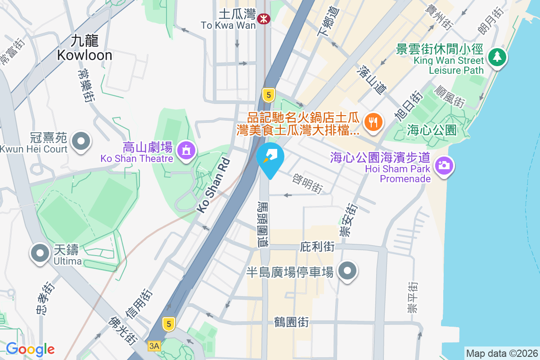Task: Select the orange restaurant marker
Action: click(373, 121)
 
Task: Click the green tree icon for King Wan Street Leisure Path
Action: click(497, 57)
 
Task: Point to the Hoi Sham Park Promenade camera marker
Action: click(444, 165)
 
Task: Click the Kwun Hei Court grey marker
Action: click(81, 141)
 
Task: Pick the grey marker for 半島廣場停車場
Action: click(347, 271)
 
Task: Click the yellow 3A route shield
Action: click(154, 346)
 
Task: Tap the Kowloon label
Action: click(84, 49)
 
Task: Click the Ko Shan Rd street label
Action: click(214, 185)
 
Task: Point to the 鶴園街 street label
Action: click(292, 322)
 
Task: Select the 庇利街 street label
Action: click(317, 247)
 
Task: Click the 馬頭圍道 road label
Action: click(262, 223)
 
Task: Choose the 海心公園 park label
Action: click(432, 130)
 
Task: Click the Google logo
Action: click(30, 349)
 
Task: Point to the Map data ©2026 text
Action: click(501, 353)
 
